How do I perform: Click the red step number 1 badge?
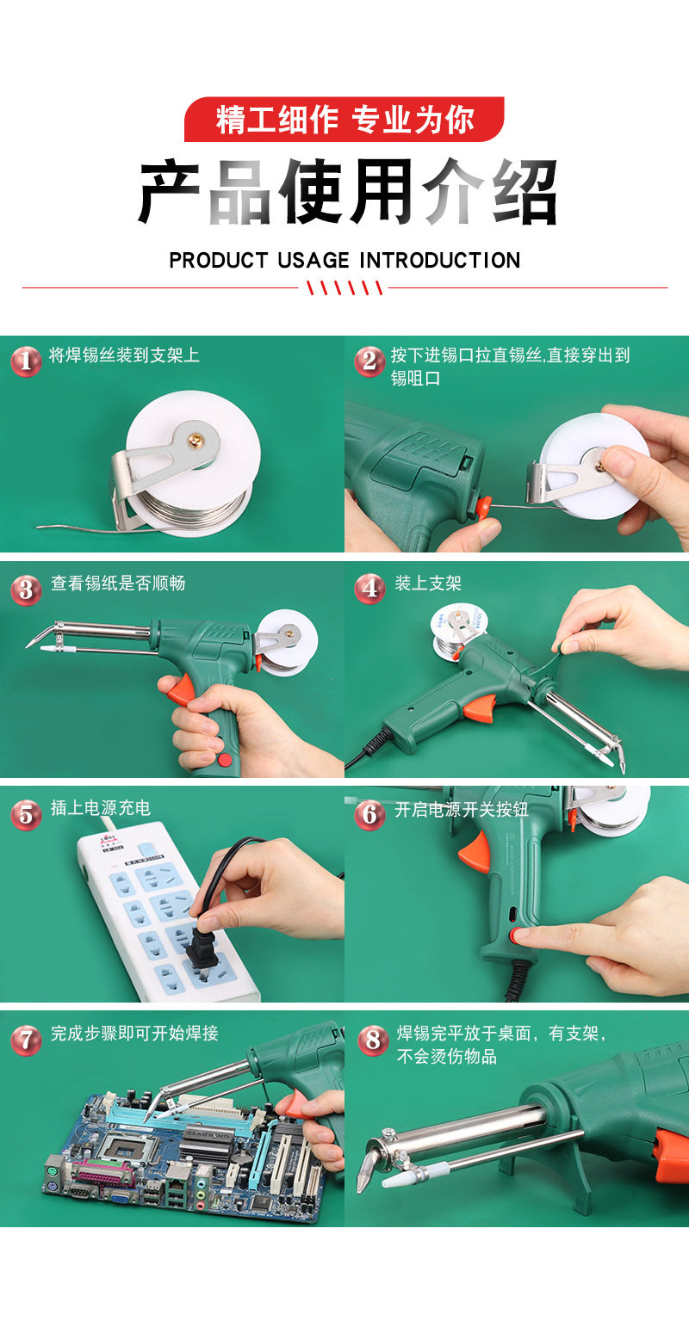pos(26,361)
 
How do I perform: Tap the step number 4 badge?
pos(369,588)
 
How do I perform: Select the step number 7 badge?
pos(26,1039)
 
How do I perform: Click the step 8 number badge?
pos(373,1039)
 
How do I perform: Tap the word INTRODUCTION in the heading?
pos(440,260)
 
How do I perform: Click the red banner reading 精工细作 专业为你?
pos(344,119)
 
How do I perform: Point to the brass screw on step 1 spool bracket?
pos(194,440)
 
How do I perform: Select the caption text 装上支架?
pos(428,583)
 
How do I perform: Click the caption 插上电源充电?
pos(101,808)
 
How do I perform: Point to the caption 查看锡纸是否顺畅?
pos(118,583)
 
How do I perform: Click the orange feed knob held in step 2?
pos(483,508)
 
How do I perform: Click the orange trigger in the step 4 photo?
pos(480,708)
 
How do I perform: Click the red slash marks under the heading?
pos(344,287)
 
